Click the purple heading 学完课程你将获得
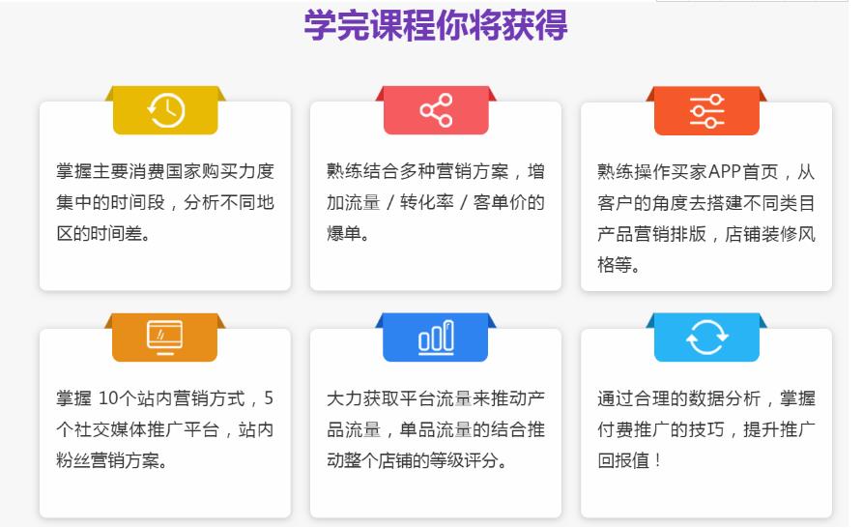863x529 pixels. point(435,26)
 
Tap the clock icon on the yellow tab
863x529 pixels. point(165,110)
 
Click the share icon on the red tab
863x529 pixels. point(436,110)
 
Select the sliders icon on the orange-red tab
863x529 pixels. point(706,111)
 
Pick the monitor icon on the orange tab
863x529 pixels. point(165,337)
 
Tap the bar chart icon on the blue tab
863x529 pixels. point(436,338)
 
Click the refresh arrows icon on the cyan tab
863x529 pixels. point(706,338)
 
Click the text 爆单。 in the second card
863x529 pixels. point(348,234)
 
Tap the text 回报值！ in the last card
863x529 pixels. point(630,460)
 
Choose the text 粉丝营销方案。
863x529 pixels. point(111,460)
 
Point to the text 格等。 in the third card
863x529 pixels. point(618,265)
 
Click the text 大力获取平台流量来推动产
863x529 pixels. point(436,398)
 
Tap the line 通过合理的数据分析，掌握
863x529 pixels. point(706,398)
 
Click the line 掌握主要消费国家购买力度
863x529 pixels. point(165,172)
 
